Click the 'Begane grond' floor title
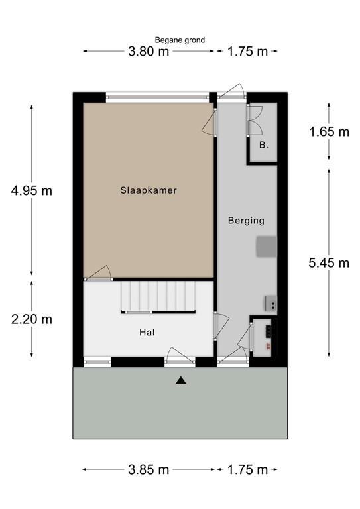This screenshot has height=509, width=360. [x=180, y=40]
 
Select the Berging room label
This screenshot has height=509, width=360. [x=246, y=221]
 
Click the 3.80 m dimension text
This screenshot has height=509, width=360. [x=149, y=52]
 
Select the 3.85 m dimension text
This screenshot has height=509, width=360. [x=149, y=470]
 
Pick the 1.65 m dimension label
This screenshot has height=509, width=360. [x=329, y=131]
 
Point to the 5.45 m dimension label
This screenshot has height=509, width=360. [x=329, y=263]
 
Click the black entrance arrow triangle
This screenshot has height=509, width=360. [x=180, y=380]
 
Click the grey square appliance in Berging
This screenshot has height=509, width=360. [x=267, y=246]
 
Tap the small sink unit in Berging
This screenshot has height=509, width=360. [x=270, y=304]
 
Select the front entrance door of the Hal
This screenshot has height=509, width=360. [x=179, y=358]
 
